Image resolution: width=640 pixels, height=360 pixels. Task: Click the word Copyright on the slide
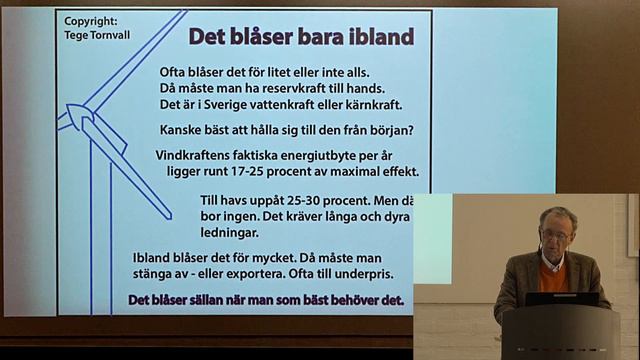point(89,20)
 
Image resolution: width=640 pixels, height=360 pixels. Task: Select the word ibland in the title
point(377,37)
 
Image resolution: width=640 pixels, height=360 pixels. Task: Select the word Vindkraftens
point(198,155)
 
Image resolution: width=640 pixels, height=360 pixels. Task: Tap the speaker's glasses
point(555,235)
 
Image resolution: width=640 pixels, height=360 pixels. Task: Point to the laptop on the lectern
point(561,299)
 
